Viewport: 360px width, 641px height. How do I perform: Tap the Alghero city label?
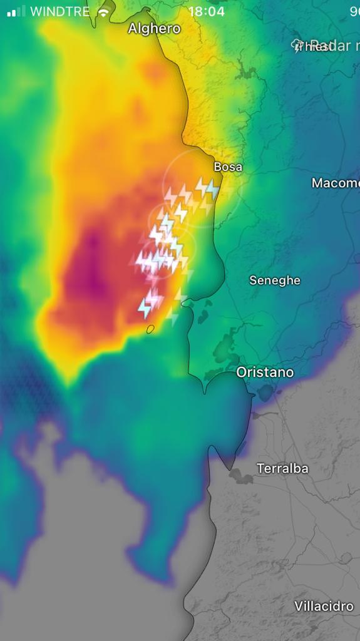(x=154, y=28)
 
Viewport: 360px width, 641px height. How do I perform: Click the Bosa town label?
(x=228, y=167)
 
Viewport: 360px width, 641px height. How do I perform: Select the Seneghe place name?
(x=275, y=280)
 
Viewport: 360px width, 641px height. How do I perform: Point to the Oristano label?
(x=265, y=372)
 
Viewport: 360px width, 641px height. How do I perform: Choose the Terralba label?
(x=282, y=468)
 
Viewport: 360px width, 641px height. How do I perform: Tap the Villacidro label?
(x=324, y=606)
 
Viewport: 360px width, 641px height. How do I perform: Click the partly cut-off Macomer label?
(x=336, y=183)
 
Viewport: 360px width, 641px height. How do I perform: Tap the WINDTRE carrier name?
(x=60, y=12)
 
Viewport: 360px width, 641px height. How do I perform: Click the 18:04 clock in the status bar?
(x=206, y=12)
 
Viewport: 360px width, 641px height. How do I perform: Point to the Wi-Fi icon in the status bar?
(x=103, y=12)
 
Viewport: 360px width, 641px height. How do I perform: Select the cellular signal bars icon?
(x=16, y=11)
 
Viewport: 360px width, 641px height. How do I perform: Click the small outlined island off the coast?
(x=150, y=329)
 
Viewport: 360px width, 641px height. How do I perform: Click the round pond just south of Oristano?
(x=265, y=393)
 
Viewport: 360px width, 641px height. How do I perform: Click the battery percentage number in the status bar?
(x=354, y=12)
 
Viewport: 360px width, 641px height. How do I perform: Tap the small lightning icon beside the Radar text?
(x=299, y=46)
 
